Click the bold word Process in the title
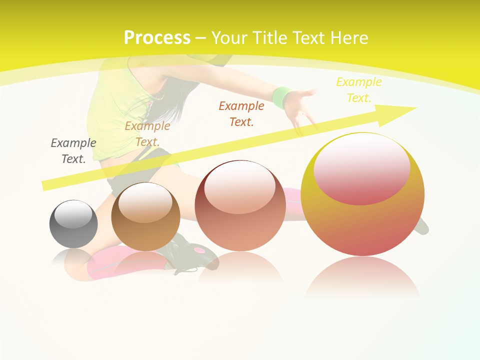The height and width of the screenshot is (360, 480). point(157,38)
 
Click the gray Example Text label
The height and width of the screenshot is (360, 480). point(73,150)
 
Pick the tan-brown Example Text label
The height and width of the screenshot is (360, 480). point(147,133)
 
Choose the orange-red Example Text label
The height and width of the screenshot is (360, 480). point(241,113)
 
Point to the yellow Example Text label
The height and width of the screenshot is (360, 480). point(358,90)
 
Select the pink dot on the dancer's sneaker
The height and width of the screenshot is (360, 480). point(200,249)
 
